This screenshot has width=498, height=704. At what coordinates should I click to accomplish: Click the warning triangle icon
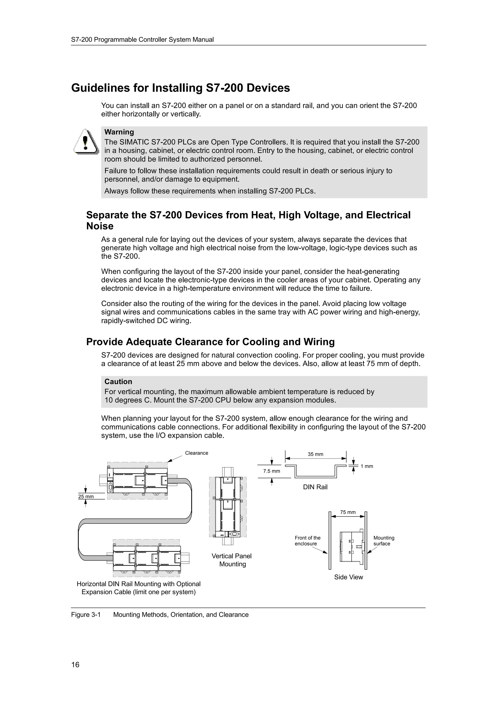coord(86,142)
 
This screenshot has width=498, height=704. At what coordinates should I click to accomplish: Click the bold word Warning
coord(119,132)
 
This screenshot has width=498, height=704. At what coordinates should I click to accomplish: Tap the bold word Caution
coord(118,381)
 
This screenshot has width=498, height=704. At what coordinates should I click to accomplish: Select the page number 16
coord(75,664)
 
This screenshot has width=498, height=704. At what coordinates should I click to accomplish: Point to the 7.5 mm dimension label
coord(272,471)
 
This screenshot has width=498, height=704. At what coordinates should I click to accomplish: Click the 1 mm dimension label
coord(367,466)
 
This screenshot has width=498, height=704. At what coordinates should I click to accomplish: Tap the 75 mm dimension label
coord(348,512)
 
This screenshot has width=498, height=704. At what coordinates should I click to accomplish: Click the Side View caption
coord(348,577)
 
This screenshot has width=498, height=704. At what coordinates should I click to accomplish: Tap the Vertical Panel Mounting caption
coord(232,560)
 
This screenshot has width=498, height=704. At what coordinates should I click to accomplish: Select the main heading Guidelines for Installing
coord(180,88)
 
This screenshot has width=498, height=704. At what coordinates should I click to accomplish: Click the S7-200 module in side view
coord(351,547)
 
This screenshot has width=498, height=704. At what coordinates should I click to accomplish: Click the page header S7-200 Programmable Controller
coord(142,40)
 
